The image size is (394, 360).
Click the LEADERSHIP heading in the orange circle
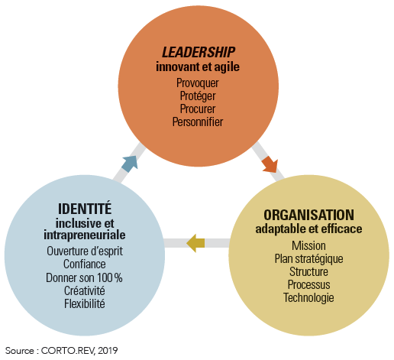pos(199,52)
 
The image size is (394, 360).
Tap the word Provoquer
pos(198,83)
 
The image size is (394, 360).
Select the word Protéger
pos(198,96)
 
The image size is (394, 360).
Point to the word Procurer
pos(198,109)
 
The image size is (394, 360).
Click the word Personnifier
pos(198,122)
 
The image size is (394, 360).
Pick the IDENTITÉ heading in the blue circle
pos(85,209)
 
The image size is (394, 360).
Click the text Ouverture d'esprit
pos(85,251)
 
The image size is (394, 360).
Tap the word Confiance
pos(85,264)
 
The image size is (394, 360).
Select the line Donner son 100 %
pos(84,277)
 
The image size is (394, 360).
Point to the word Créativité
pos(85,290)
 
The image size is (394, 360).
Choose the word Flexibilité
pos(85,303)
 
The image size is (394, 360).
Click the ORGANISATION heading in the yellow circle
pos(308,215)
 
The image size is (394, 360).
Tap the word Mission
pos(308,246)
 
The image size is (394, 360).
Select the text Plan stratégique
pos(308,259)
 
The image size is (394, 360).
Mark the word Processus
pos(308,285)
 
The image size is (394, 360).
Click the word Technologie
pos(308,298)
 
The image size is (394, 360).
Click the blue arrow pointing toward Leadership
pos(131,164)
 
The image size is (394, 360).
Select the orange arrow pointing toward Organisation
pos(270,164)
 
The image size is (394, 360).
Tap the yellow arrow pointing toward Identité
pos(195,243)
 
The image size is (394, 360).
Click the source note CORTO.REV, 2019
pos(79,351)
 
